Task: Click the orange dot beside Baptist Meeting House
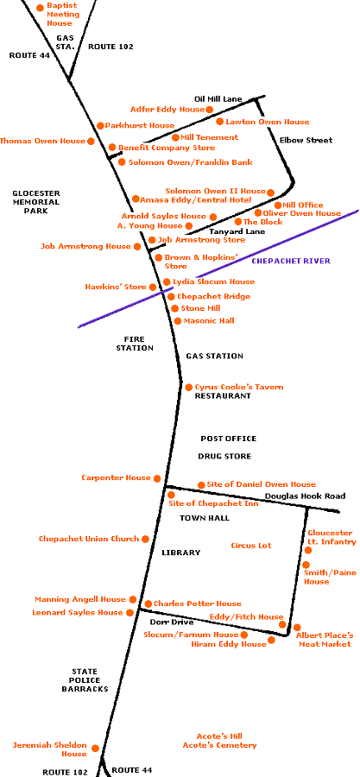[x=40, y=8]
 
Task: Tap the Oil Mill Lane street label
[x=218, y=99]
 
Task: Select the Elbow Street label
[x=306, y=140]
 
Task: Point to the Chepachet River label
[x=291, y=261]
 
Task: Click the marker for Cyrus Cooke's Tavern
[x=189, y=387]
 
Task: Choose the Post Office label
[x=228, y=439]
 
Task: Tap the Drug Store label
[x=224, y=456]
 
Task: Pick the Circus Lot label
[x=251, y=546]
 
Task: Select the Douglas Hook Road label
[x=305, y=496]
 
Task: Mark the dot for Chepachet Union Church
[x=145, y=539]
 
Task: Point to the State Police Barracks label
[x=85, y=680]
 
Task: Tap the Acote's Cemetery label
[x=220, y=745]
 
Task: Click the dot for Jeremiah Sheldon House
[x=95, y=749]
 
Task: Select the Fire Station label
[x=135, y=344]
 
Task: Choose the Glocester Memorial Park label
[x=35, y=202]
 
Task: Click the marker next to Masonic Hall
[x=178, y=321]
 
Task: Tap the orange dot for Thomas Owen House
[x=91, y=142]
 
